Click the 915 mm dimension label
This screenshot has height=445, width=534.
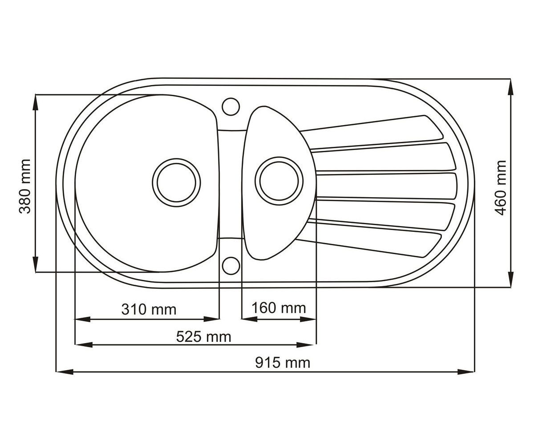click(283, 363)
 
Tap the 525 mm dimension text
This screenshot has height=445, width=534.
click(203, 337)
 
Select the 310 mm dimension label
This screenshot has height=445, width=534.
click(149, 309)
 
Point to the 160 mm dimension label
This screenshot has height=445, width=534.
click(279, 308)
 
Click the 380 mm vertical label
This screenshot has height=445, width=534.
click(25, 186)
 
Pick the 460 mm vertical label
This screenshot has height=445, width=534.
click(501, 187)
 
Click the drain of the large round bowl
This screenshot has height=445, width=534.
click(177, 182)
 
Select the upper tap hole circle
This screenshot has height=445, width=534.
click(231, 106)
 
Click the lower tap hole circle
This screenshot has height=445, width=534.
click(231, 266)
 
